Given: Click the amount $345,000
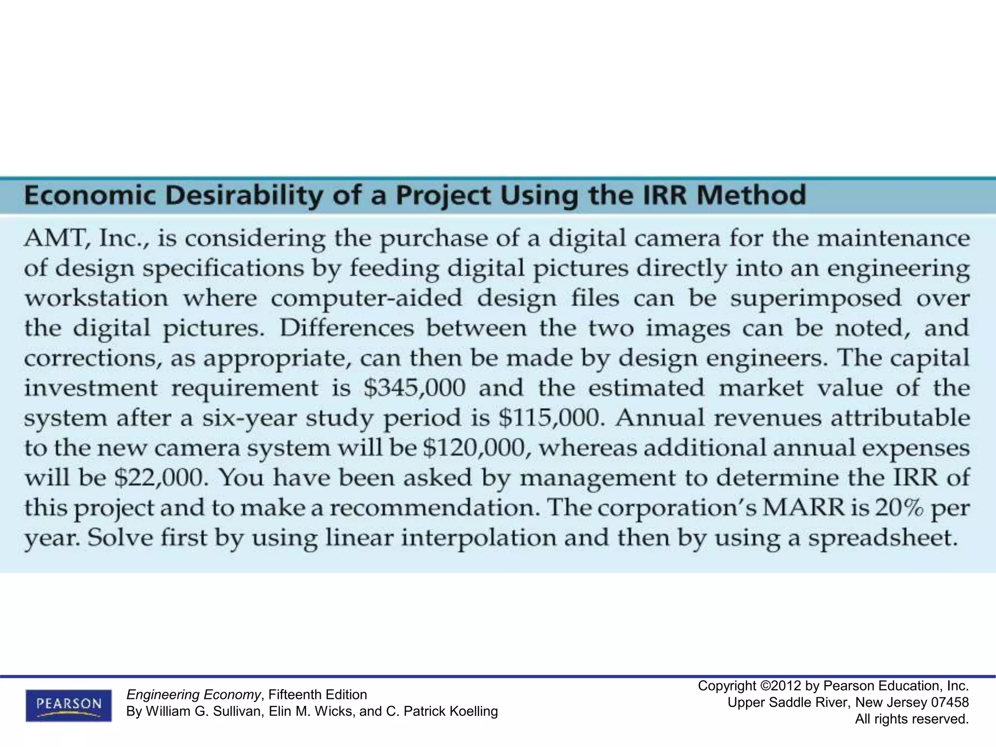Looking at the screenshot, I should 414,388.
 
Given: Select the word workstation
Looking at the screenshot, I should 96,298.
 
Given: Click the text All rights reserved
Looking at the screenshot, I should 912,719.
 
